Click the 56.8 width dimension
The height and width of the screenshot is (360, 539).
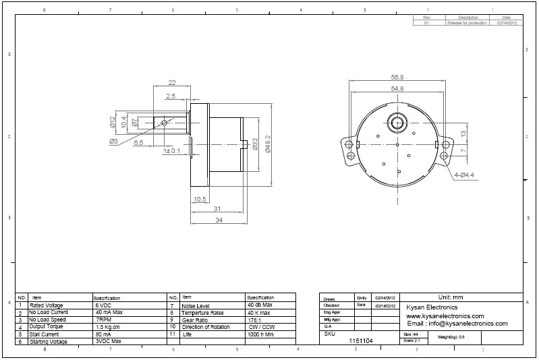click(397, 77)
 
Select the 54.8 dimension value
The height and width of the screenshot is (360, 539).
click(397, 88)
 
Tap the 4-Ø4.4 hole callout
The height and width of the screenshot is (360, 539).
click(464, 175)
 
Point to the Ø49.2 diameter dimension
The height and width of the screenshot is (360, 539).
click(267, 144)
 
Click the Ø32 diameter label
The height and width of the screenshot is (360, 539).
click(255, 144)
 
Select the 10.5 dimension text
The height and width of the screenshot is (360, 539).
click(200, 199)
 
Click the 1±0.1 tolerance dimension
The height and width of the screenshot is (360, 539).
click(171, 151)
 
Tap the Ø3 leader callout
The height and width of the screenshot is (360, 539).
click(113, 142)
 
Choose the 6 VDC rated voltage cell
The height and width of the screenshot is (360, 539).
click(104, 305)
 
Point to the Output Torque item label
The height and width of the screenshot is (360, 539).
click(47, 326)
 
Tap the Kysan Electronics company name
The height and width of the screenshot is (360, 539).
click(432, 307)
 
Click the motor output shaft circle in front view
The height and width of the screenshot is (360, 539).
click(395, 123)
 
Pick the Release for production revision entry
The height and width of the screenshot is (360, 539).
click(467, 22)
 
